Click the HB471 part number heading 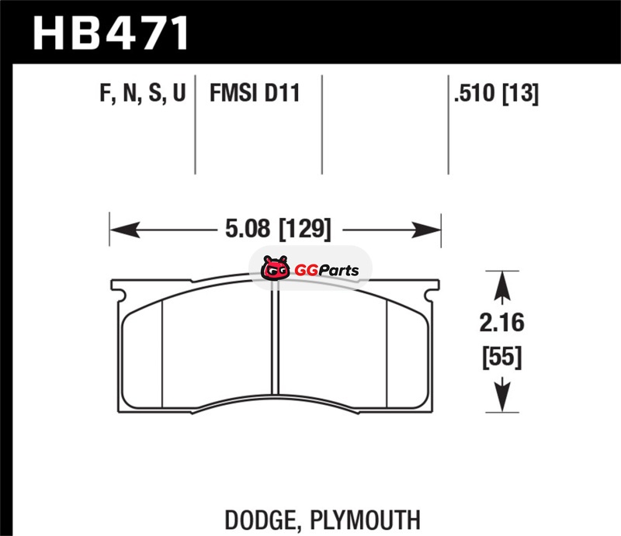point(110,33)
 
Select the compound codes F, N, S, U point(143,93)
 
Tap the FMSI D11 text point(255,93)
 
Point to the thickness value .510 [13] point(496,93)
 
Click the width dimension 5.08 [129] point(278,229)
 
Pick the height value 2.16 point(501,322)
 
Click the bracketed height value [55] point(501,357)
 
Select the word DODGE point(260,520)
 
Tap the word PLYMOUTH point(365,520)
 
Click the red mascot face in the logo point(275,268)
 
